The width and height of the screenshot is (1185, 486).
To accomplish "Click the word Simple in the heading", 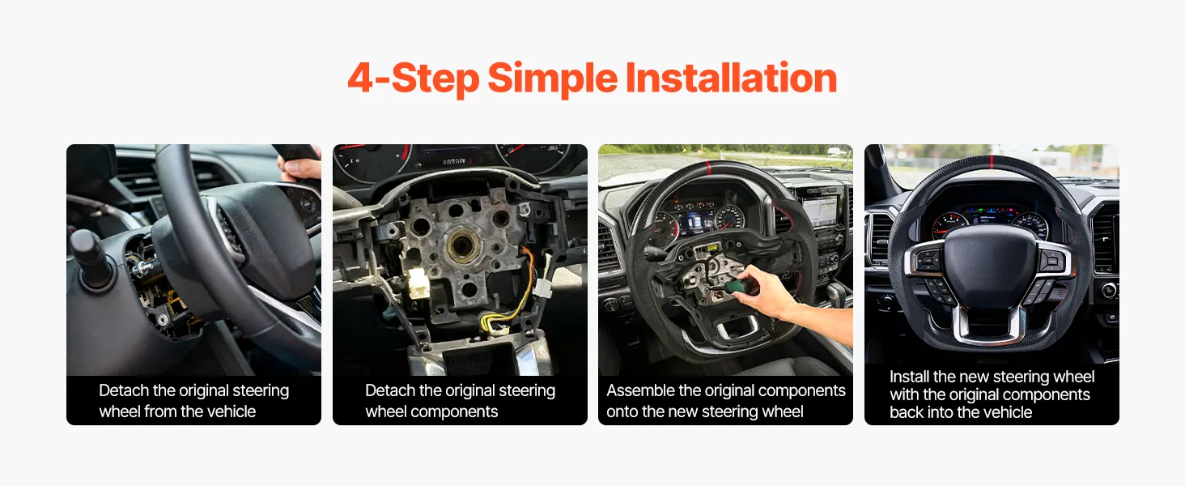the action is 552,79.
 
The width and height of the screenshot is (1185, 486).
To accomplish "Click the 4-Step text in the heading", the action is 414,79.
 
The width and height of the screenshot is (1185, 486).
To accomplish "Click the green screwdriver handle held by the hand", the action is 734,287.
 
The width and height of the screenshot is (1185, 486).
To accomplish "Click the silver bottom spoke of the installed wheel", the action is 989,326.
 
